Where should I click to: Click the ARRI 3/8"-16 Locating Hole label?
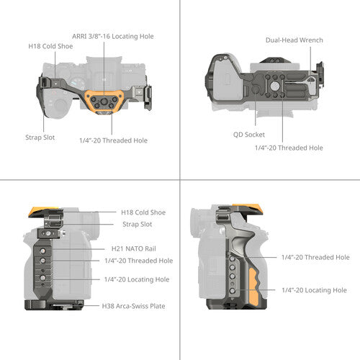tap(113, 37)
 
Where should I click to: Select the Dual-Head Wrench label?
tap(294, 40)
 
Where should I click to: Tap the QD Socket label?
tap(249, 135)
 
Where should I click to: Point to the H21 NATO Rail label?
tap(134, 248)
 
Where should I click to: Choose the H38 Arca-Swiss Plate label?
tap(133, 306)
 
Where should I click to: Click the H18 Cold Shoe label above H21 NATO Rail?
tap(143, 212)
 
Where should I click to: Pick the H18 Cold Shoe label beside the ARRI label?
tap(50, 46)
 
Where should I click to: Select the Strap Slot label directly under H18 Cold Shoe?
tap(138, 225)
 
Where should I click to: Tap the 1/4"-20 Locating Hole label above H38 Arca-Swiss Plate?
tap(137, 279)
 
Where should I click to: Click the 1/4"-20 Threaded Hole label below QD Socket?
tap(289, 148)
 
